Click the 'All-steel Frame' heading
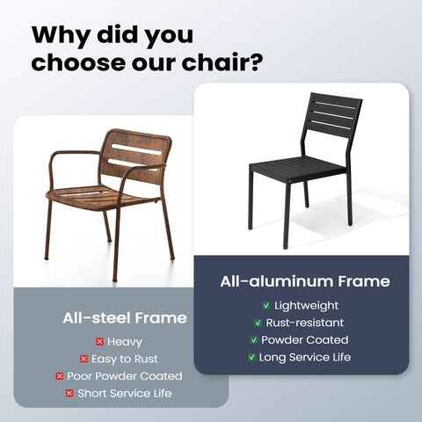point(124,317)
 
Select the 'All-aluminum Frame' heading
point(304,281)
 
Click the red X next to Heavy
point(98,341)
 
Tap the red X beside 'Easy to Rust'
point(84,359)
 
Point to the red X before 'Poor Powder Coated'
point(59,375)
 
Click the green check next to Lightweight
point(266,305)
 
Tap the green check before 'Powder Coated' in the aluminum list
point(253,339)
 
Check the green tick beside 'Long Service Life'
point(251,357)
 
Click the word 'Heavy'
point(125,341)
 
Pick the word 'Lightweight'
point(306,305)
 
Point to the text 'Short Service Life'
point(125,393)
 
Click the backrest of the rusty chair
point(137,155)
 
